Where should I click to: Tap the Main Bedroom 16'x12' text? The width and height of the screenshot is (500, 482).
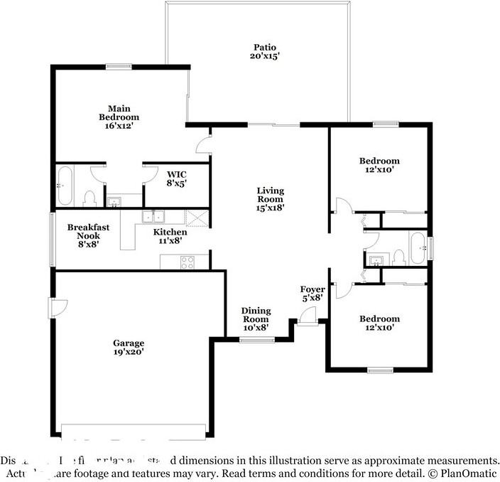coord(119,116)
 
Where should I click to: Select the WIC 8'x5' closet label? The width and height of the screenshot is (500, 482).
coord(177,178)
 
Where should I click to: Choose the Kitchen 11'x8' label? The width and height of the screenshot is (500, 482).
coord(170,236)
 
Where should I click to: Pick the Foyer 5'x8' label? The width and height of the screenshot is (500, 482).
coord(312,294)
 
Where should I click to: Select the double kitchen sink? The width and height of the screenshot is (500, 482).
coord(153,217)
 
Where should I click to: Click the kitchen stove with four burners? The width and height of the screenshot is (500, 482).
coord(188,262)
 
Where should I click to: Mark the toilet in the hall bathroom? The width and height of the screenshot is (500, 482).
coord(398,256)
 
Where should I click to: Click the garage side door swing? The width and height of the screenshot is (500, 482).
coord(58,307)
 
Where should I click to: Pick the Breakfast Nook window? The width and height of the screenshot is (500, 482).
coord(51,240)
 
